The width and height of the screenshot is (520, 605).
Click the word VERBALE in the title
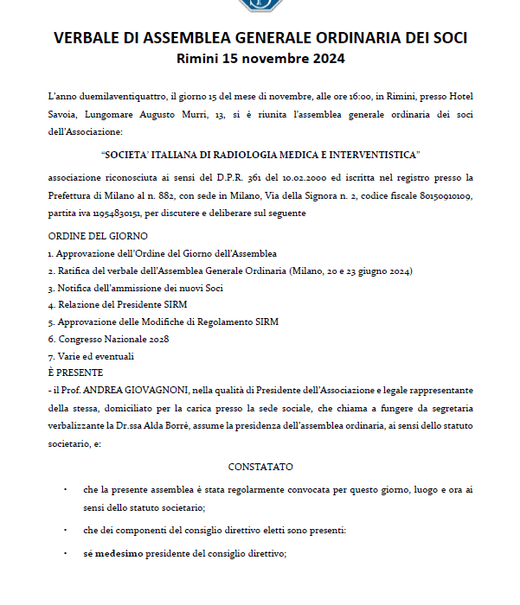[x=92, y=38]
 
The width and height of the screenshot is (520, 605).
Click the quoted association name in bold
[x=260, y=155]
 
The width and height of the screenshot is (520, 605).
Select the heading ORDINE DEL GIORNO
[x=98, y=236]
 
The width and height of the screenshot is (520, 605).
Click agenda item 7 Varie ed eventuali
[x=91, y=356]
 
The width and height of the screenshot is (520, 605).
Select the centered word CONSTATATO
[x=260, y=467]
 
